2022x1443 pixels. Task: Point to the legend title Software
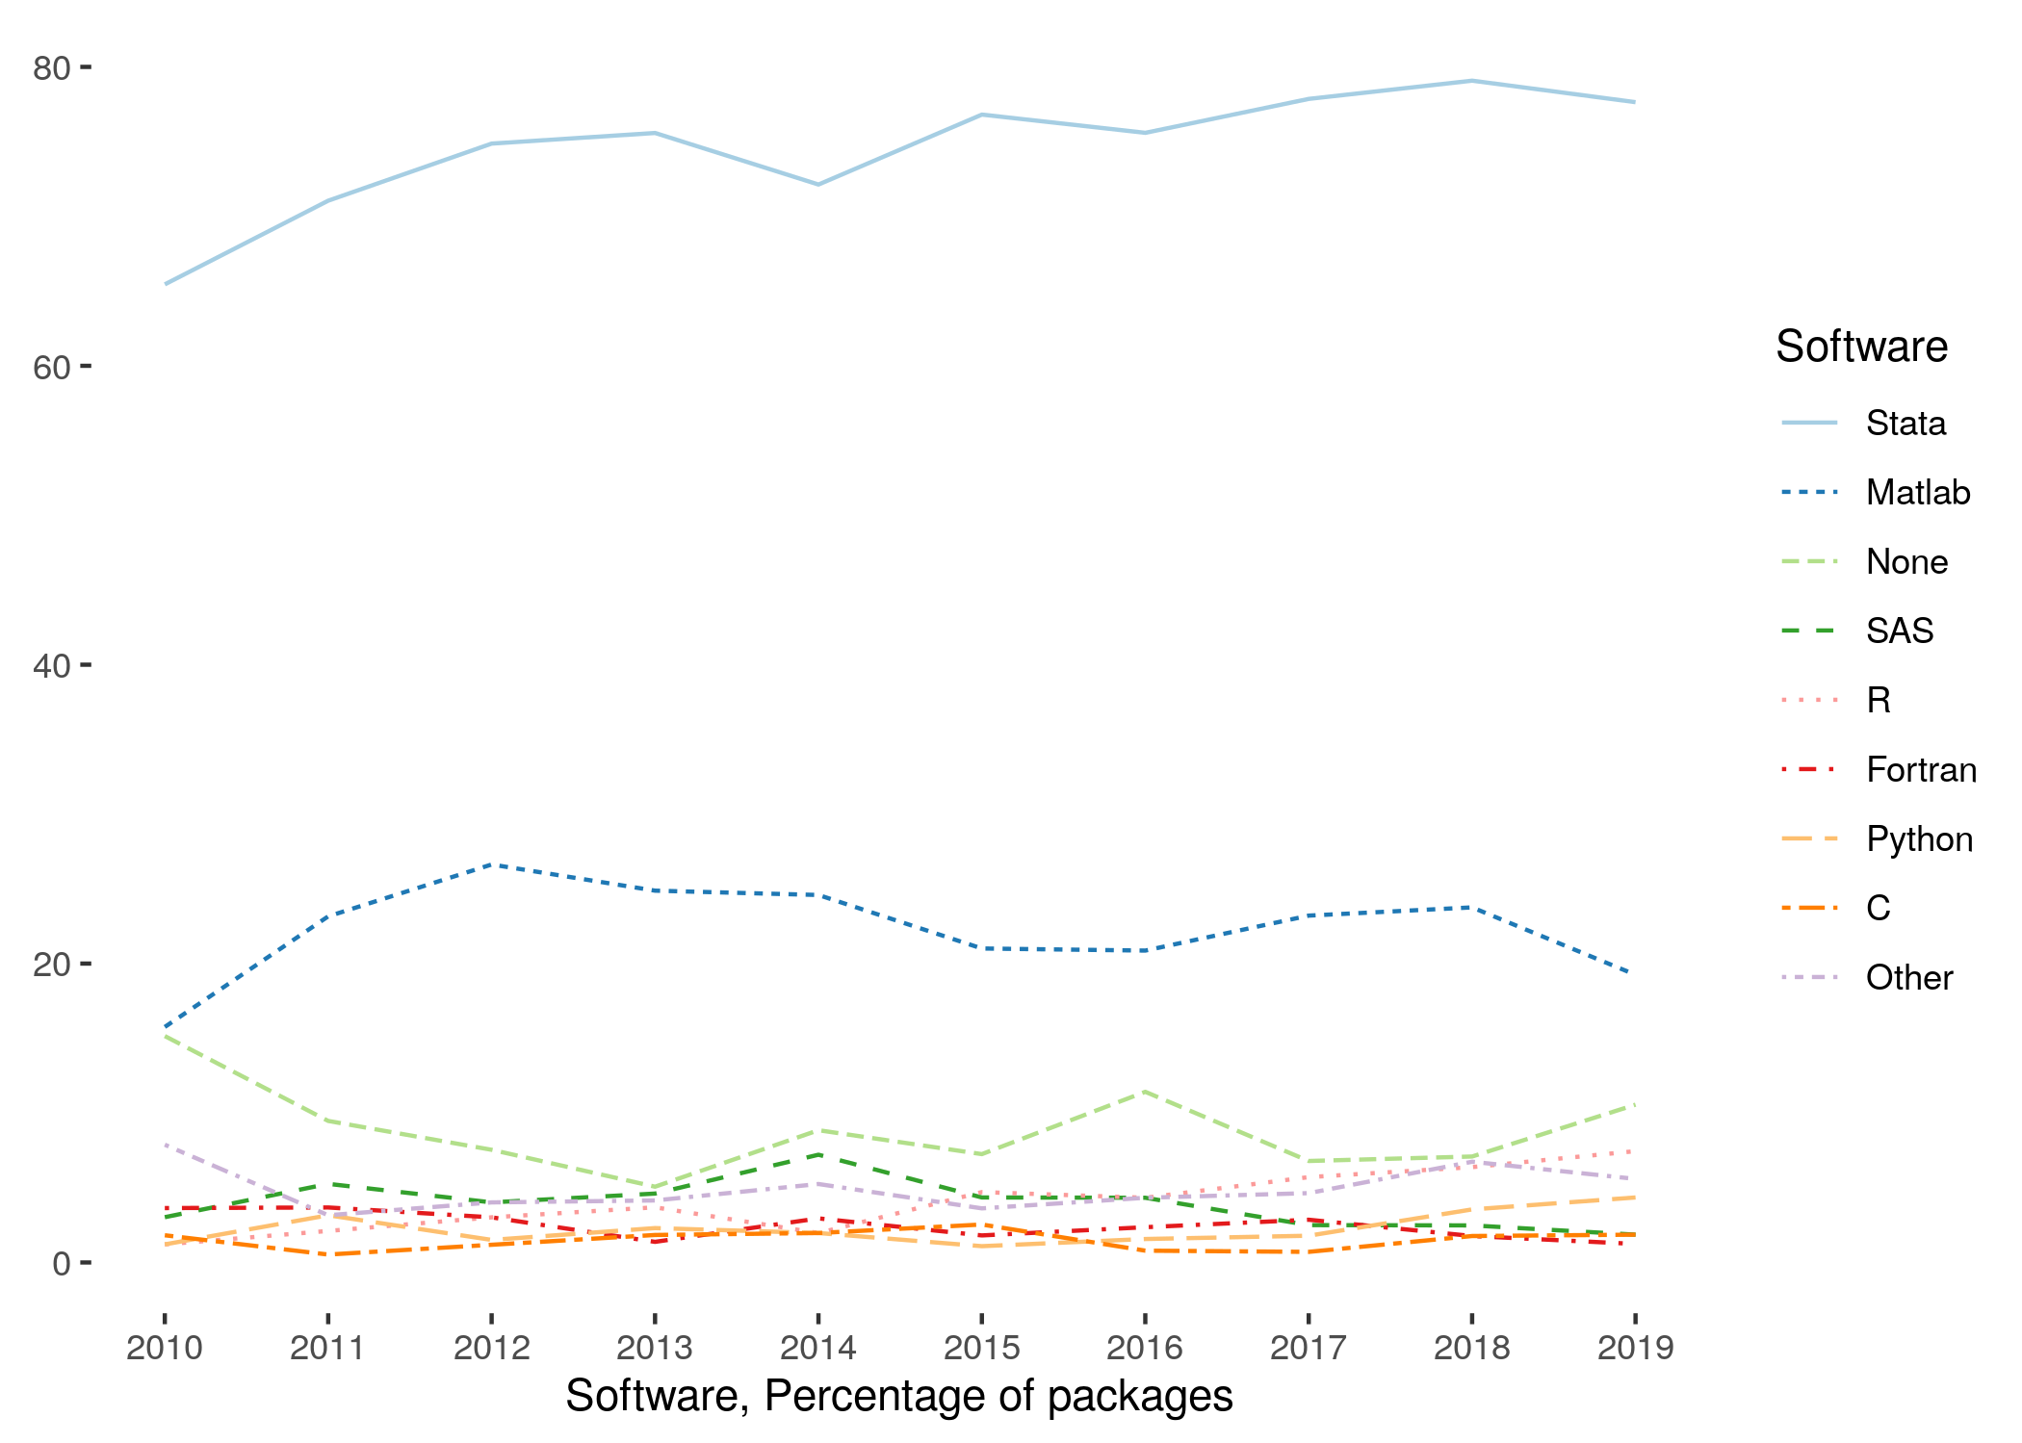[1861, 347]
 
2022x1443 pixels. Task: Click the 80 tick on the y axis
[52, 68]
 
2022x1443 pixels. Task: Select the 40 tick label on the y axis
[52, 665]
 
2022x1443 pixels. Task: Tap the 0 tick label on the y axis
[62, 1263]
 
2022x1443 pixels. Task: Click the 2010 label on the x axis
[165, 1348]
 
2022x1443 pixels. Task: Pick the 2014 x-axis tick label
[818, 1348]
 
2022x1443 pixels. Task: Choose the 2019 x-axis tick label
[1635, 1348]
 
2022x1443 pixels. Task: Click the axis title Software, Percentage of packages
[898, 1397]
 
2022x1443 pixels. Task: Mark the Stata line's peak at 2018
[1472, 81]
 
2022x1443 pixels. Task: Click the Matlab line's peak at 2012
[492, 864]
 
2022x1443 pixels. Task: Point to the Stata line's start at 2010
[166, 284]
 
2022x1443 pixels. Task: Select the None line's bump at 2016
[1145, 1091]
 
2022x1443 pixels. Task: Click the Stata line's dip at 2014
[818, 185]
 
